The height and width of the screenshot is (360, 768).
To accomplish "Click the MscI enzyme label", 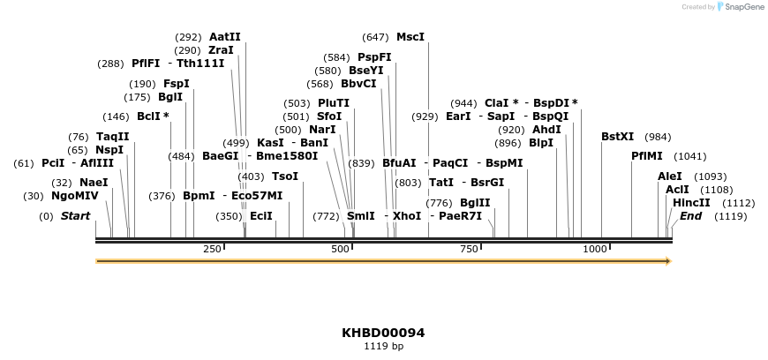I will coord(410,37).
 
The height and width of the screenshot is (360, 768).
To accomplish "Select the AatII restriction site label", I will coord(224,37).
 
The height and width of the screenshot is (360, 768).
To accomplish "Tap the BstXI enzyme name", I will coord(617,136).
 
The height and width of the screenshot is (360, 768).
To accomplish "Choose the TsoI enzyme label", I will coord(285,176).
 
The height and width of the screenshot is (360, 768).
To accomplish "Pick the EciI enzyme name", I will coord(261,215).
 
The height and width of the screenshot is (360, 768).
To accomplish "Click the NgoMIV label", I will coord(75,196).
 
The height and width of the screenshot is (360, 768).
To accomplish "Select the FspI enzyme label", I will coord(177,84).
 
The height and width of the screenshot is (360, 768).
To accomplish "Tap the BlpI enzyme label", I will coord(541,143).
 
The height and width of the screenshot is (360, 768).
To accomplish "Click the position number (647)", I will coord(375,37).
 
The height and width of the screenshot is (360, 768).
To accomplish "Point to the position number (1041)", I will coord(690,156).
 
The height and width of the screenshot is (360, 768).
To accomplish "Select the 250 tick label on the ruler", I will coord(212,249).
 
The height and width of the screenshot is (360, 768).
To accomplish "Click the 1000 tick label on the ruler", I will coord(595,249).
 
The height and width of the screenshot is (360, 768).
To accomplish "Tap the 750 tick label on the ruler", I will coord(468,249).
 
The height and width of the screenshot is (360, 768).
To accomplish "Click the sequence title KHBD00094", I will coord(383,333).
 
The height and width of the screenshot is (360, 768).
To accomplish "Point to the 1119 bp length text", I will coord(383,347).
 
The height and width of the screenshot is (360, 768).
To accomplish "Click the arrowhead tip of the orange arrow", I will coord(670,261).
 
